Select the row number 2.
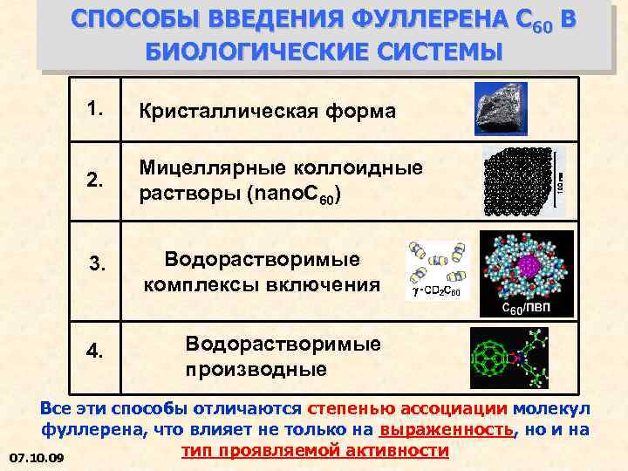96,181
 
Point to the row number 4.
96,352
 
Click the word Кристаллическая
215,112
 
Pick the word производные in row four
256,368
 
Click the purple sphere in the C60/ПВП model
526,266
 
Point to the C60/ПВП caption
526,310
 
